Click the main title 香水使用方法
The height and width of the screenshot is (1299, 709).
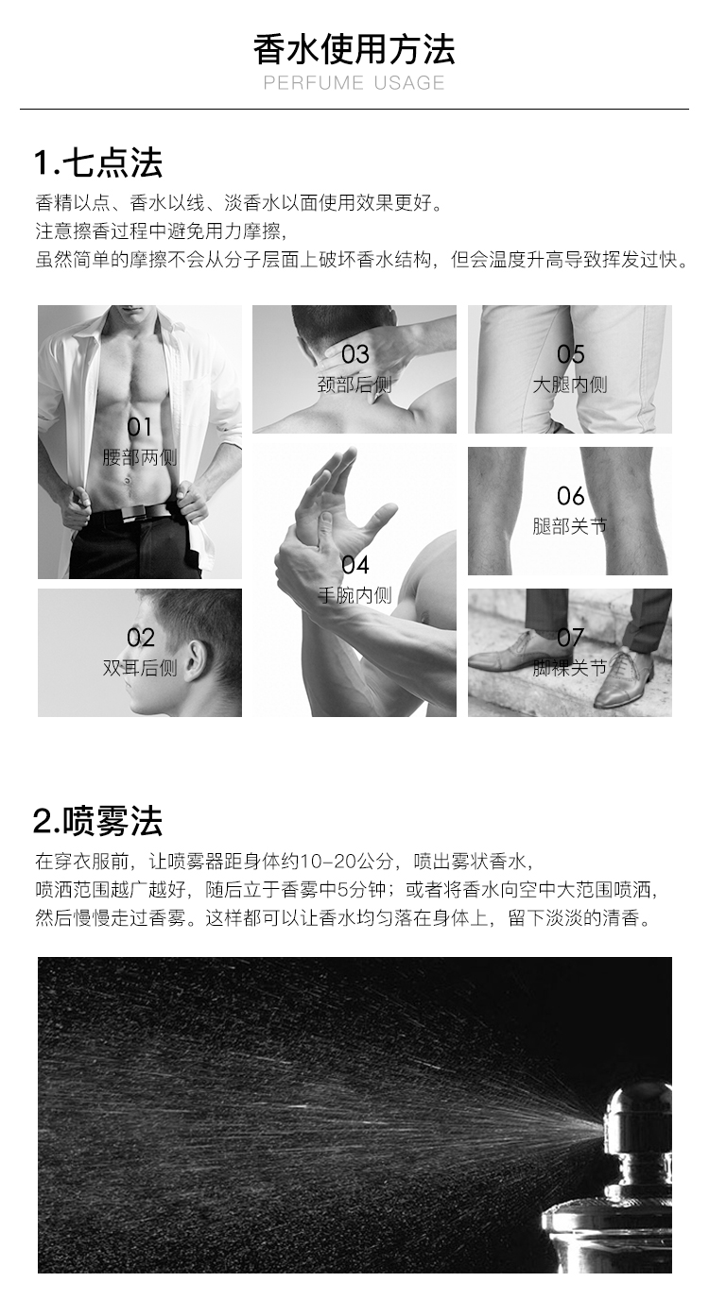point(354,49)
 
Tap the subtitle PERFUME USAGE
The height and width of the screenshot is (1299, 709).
point(354,83)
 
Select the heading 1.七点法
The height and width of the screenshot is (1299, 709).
point(98,162)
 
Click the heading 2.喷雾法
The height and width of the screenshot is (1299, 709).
point(97,821)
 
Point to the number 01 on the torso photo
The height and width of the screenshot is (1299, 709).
point(139,427)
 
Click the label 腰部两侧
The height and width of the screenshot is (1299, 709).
point(140,457)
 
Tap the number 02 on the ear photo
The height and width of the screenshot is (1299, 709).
point(141,638)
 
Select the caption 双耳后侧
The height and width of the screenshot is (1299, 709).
point(140,668)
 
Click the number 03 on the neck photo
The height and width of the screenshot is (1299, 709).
point(355,354)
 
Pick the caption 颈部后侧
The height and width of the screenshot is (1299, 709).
point(354,385)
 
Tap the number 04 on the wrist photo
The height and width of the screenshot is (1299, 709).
point(355,565)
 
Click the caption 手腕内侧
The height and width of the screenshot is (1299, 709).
point(354,595)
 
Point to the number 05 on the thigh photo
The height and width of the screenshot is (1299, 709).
point(571,354)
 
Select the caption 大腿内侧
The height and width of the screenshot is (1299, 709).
point(570,385)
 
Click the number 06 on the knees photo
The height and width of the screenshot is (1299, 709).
point(571,496)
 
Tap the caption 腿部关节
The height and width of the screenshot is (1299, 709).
point(570,526)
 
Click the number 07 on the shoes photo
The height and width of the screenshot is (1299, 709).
point(570,638)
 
